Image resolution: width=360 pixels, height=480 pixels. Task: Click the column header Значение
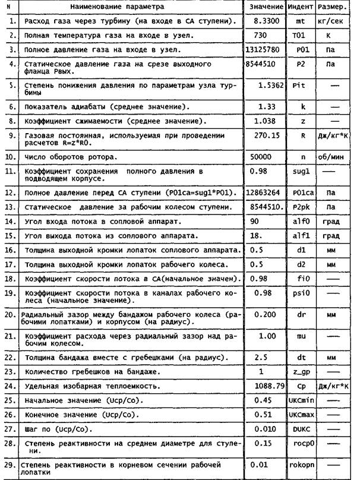click(x=263, y=7)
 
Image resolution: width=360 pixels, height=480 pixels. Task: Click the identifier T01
click(x=298, y=36)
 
